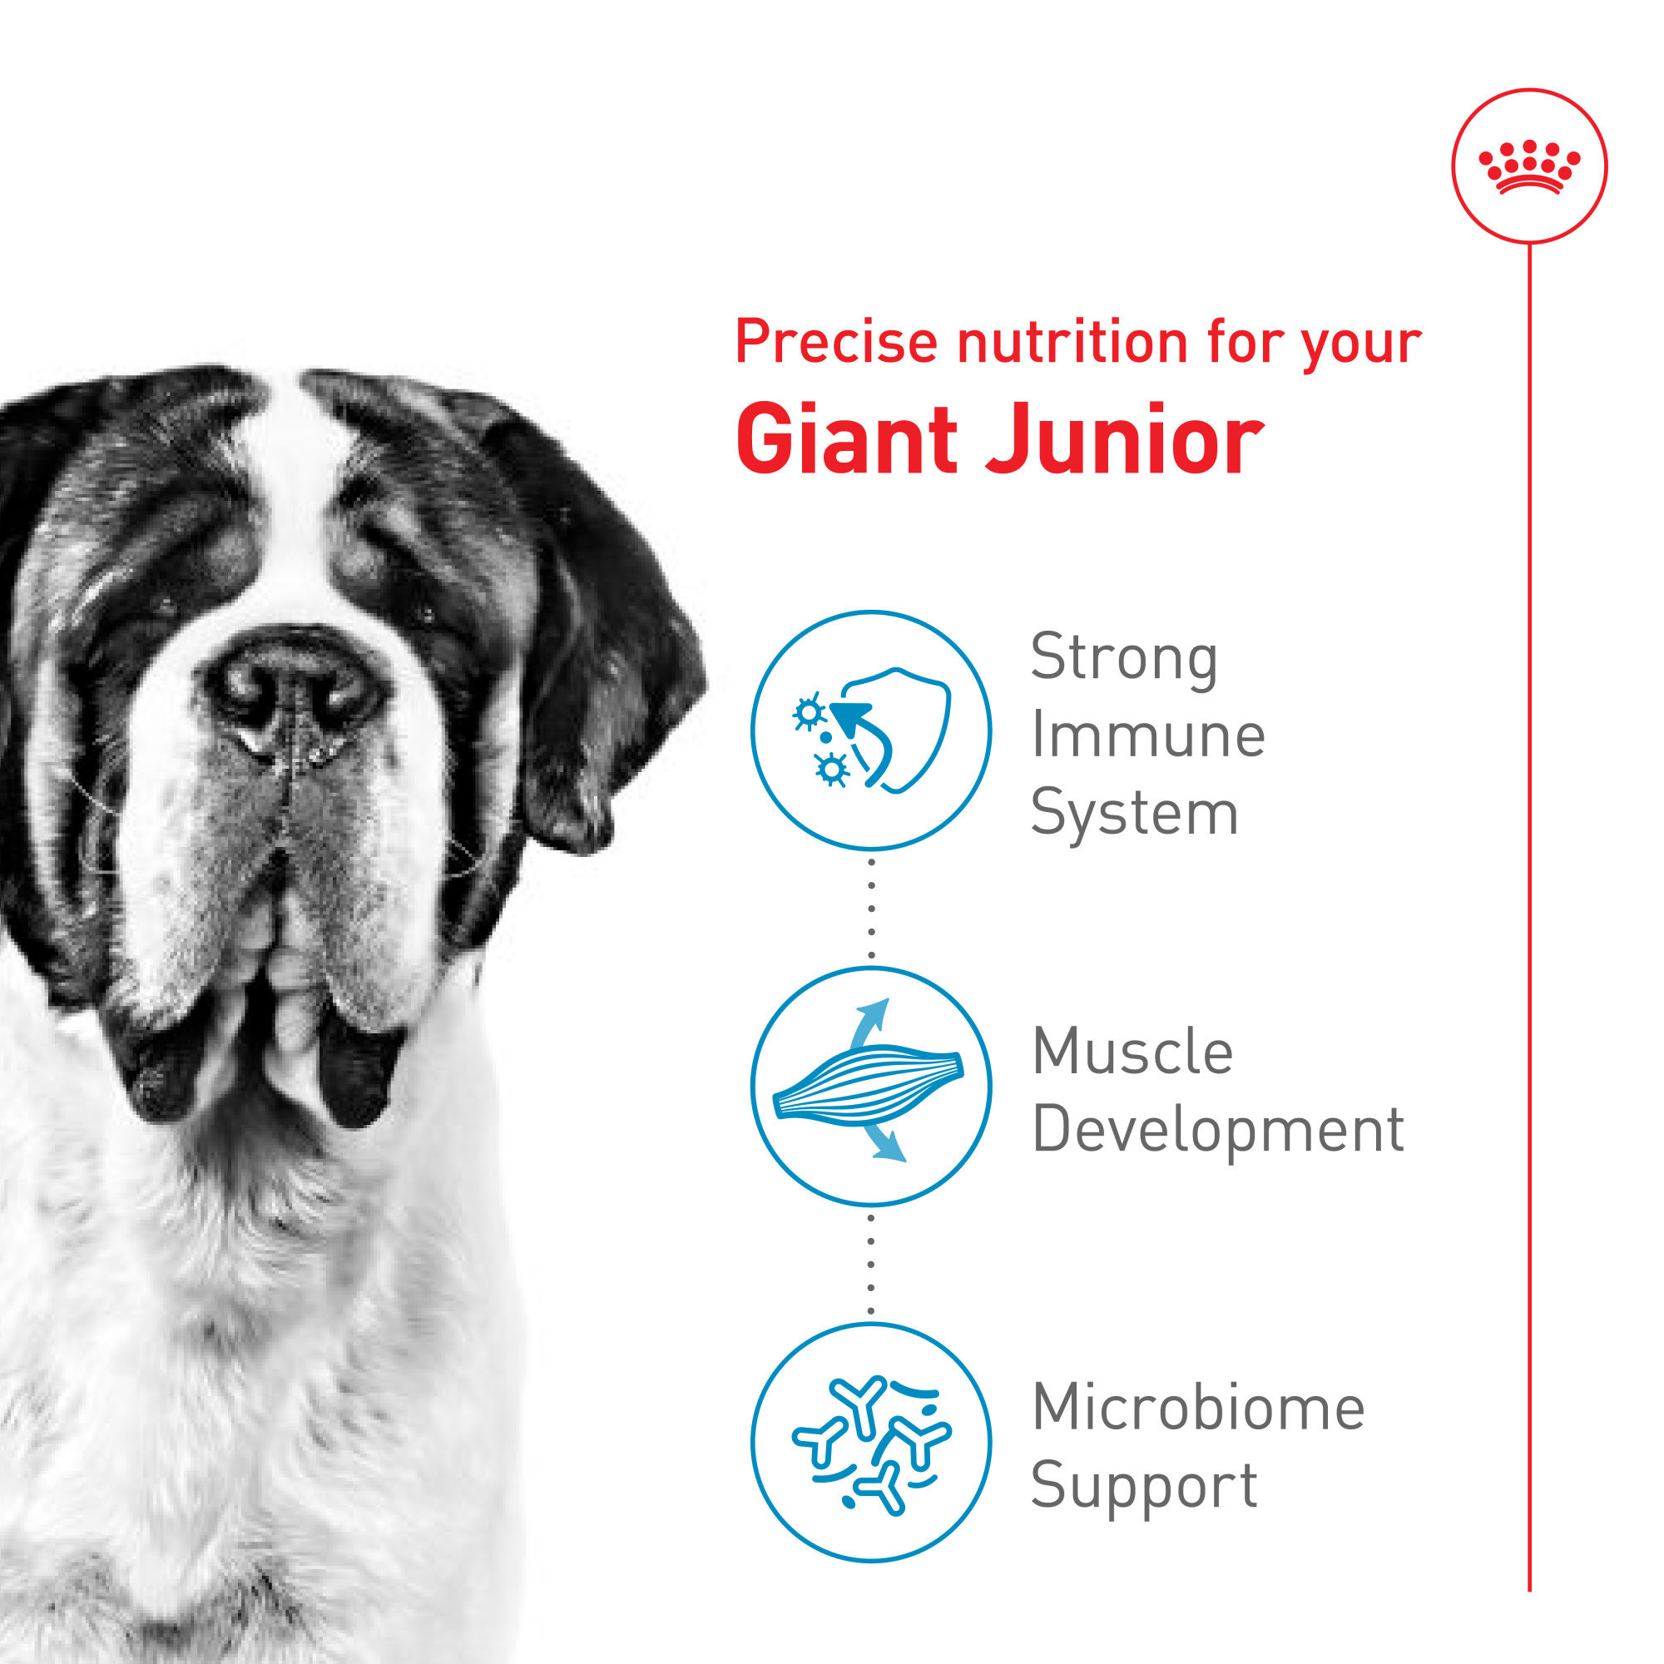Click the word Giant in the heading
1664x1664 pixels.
846,440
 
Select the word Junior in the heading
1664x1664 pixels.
1125,440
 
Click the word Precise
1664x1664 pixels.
835,342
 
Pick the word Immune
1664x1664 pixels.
1147,735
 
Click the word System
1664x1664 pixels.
1133,813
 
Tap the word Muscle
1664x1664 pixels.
1132,1052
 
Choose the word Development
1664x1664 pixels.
1217,1129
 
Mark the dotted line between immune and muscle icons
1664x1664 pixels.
871,908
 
